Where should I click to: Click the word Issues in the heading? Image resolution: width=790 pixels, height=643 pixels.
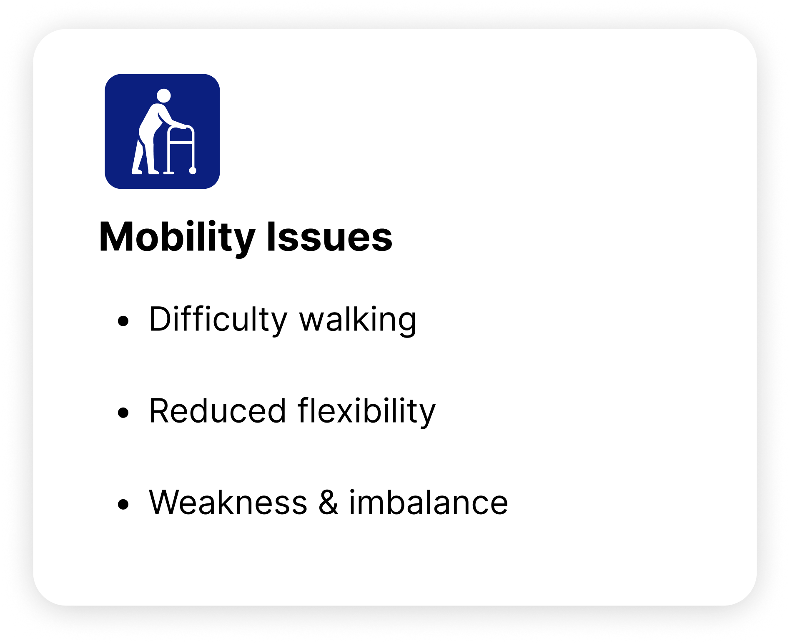330,237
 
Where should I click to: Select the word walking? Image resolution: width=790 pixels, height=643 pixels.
358,320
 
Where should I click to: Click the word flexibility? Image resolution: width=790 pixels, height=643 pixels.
366,412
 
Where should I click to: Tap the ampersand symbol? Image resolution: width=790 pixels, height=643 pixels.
329,503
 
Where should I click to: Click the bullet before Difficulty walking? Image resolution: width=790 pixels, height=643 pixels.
123,321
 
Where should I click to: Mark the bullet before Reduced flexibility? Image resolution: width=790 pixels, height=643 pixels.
123,413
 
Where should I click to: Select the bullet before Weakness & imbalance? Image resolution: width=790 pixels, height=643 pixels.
123,504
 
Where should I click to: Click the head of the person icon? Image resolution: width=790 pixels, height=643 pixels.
164,95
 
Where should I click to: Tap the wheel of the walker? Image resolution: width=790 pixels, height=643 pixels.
193,171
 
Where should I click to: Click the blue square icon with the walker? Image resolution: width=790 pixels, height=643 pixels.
162,131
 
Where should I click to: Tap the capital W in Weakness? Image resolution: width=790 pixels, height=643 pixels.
168,503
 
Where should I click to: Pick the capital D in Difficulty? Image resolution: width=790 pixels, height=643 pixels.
161,319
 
